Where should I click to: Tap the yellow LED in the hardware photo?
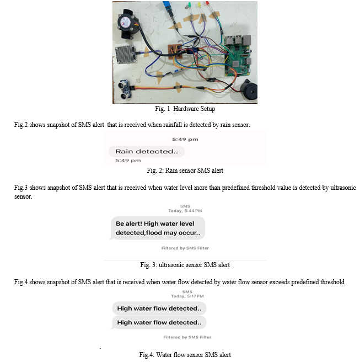tap(199, 5)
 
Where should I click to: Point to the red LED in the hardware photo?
tap(207, 4)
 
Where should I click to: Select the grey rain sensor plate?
tap(126, 54)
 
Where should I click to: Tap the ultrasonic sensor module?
tap(125, 89)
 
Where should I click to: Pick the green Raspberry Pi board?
tap(238, 55)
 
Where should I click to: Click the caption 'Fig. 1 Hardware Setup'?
tap(185, 109)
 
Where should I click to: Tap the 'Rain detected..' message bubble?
tap(147, 151)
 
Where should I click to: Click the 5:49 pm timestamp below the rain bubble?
tap(128, 161)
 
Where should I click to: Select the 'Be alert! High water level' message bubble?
tap(158, 228)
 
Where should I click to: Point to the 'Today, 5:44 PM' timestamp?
tap(185, 211)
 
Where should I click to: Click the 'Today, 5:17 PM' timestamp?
tap(187, 296)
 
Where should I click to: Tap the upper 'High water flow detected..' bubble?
tap(159, 308)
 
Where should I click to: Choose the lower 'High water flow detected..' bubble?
tap(159, 322)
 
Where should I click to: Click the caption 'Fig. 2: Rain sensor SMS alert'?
tap(185, 171)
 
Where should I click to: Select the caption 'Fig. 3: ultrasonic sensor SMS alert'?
tap(185, 265)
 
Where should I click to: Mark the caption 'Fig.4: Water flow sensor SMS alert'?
tap(185, 355)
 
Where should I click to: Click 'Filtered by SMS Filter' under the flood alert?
tap(185, 248)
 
